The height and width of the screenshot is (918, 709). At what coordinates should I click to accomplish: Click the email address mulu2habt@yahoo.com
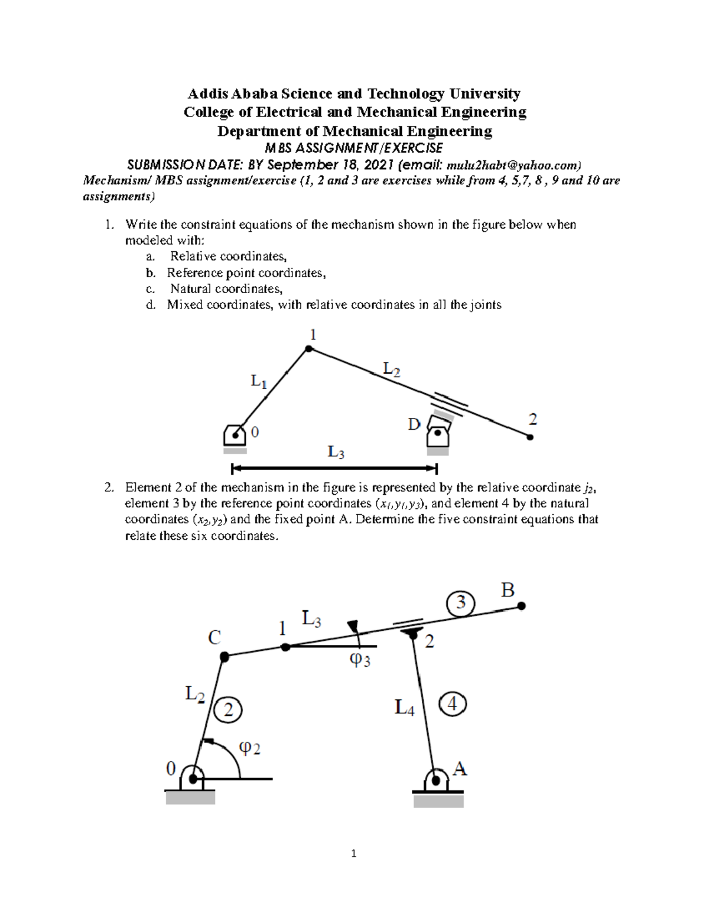[x=513, y=165]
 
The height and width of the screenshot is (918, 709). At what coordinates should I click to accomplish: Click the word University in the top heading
[x=484, y=93]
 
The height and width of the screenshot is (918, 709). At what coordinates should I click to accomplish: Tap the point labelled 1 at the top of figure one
[x=308, y=349]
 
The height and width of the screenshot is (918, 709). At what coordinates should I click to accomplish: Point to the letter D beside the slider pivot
[x=414, y=424]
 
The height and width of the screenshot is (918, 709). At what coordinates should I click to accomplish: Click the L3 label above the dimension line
[x=336, y=452]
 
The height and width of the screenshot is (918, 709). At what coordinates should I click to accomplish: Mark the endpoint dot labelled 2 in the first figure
[x=530, y=437]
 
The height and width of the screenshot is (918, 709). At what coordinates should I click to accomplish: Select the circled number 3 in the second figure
[x=460, y=603]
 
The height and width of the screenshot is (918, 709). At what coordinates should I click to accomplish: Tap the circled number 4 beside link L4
[x=453, y=704]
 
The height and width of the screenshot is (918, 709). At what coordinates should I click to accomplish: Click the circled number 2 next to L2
[x=228, y=709]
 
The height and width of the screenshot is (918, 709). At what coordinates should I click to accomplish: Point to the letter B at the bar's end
[x=508, y=590]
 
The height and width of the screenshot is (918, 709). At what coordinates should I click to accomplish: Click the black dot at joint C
[x=224, y=656]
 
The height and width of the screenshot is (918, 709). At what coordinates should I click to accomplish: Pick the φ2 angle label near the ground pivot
[x=249, y=748]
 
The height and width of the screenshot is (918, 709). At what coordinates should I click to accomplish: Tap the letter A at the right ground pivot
[x=460, y=768]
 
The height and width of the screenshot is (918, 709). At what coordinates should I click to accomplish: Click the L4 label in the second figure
[x=405, y=707]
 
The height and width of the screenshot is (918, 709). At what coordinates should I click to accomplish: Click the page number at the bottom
[x=353, y=853]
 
